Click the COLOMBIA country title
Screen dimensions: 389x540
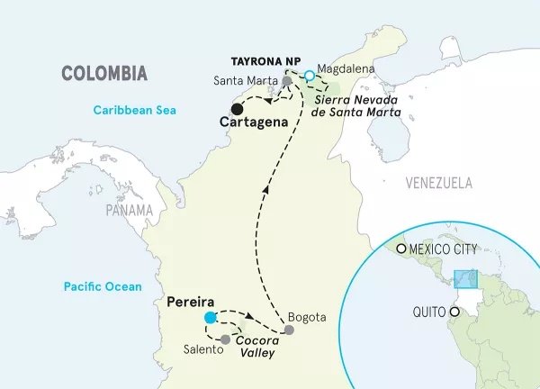(103, 72)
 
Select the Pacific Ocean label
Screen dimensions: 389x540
(103, 286)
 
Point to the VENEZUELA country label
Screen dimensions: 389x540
(438, 183)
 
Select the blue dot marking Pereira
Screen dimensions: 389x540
(210, 318)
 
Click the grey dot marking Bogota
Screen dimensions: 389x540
(289, 330)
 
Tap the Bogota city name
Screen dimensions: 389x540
(302, 316)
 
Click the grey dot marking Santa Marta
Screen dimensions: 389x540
(287, 81)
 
